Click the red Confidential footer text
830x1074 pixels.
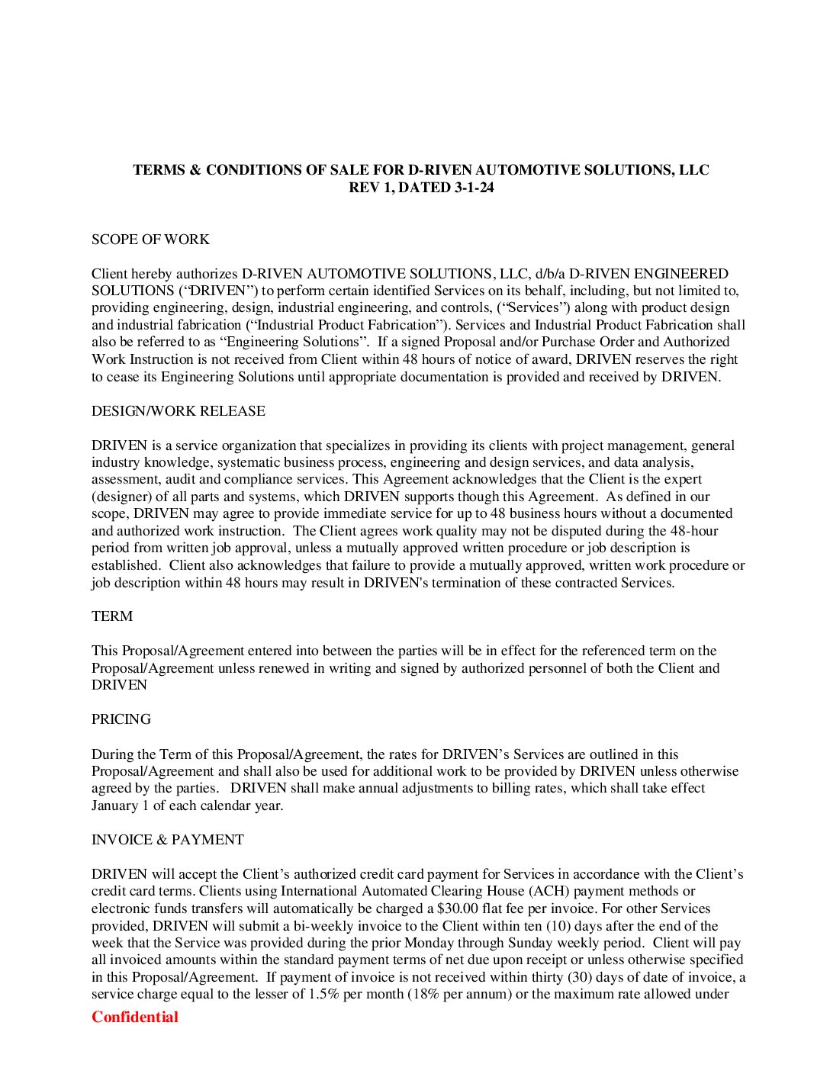pyautogui.click(x=135, y=1017)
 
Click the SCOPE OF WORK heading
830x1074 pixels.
pyautogui.click(x=150, y=240)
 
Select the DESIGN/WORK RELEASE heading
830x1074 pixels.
pyautogui.click(x=179, y=411)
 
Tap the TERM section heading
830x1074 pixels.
pyautogui.click(x=112, y=616)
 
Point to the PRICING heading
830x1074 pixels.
pyautogui.click(x=121, y=719)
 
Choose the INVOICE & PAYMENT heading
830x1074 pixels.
pyautogui.click(x=168, y=840)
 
